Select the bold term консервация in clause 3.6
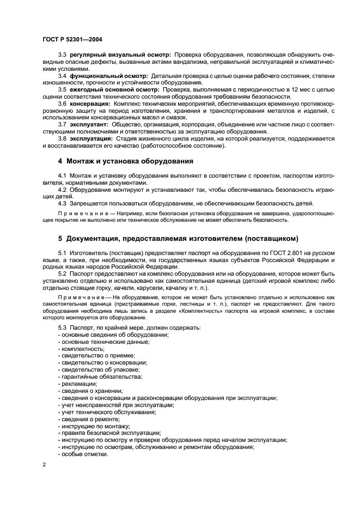click(x=90, y=103)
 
